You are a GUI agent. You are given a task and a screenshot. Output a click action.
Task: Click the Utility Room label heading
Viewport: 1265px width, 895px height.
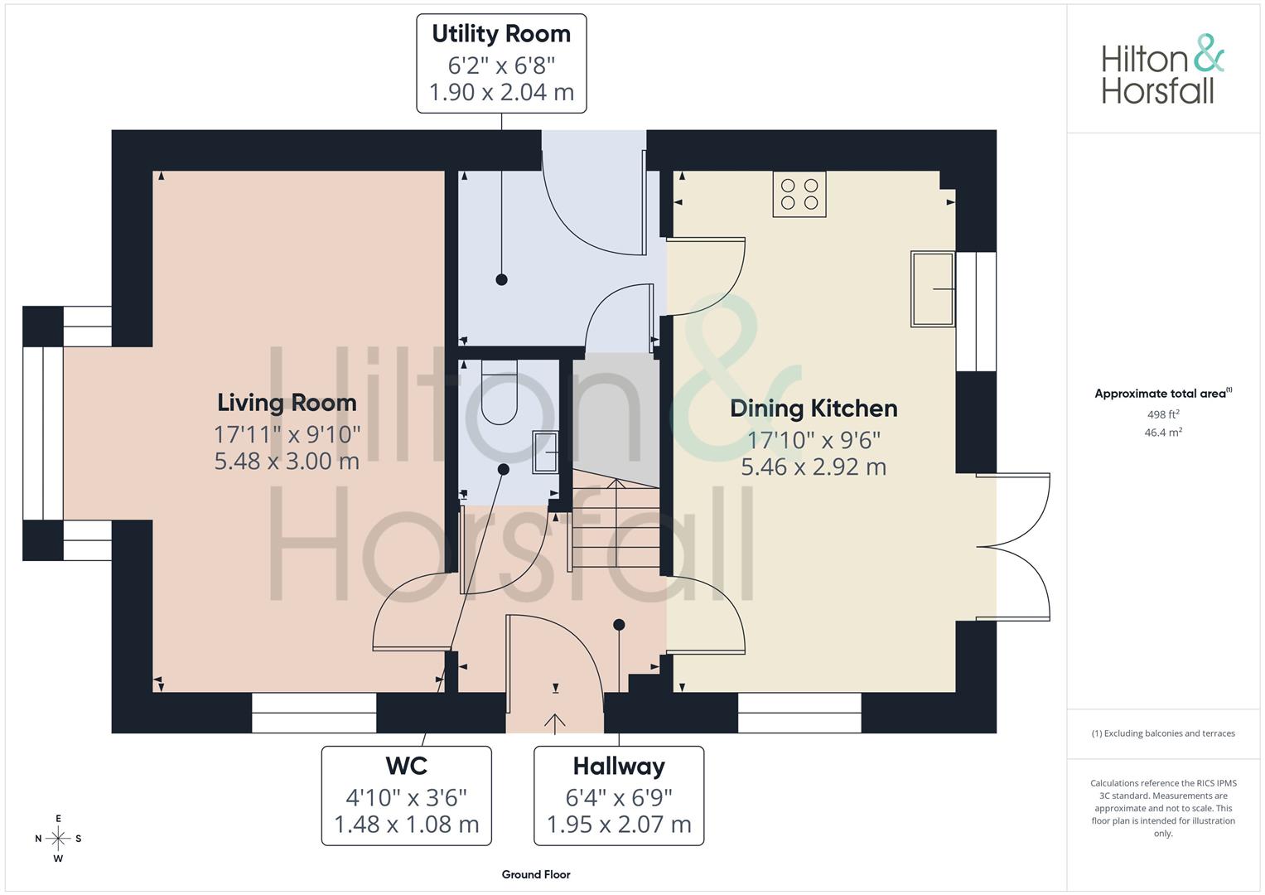(501, 34)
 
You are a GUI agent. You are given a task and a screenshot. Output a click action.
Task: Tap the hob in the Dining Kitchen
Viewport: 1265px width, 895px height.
(799, 194)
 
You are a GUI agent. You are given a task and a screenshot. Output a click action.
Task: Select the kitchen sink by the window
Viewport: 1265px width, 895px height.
(932, 288)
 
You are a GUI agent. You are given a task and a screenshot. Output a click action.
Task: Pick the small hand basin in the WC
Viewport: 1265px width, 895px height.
(546, 452)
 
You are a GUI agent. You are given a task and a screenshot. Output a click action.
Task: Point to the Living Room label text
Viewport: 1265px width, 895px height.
(287, 403)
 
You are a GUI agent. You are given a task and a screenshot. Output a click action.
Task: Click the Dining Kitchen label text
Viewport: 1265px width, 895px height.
(814, 409)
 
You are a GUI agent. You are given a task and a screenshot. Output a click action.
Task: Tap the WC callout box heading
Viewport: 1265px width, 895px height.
(406, 766)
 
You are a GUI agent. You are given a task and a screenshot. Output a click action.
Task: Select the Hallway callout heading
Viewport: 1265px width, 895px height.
(619, 767)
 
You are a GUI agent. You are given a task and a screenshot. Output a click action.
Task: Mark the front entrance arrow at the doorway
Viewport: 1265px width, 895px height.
(554, 723)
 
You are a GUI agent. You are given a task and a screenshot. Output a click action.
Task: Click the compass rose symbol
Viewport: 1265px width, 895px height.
(58, 838)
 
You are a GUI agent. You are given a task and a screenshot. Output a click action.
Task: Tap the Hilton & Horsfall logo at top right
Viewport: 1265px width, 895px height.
(1163, 69)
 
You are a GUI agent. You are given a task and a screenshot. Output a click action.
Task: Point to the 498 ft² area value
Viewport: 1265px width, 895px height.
(1163, 414)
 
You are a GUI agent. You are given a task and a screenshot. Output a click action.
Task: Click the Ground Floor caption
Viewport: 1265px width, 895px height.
(536, 874)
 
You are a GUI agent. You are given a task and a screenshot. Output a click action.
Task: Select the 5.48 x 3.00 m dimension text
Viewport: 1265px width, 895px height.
(287, 461)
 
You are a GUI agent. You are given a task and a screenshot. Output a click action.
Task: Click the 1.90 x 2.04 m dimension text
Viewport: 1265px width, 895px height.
(501, 92)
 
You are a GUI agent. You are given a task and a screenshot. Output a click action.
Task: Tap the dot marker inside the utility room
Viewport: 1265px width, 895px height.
(501, 279)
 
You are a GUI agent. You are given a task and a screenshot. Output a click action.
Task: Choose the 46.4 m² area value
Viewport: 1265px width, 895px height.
(1163, 433)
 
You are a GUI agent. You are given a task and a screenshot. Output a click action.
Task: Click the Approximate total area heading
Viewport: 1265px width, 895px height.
(1163, 394)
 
